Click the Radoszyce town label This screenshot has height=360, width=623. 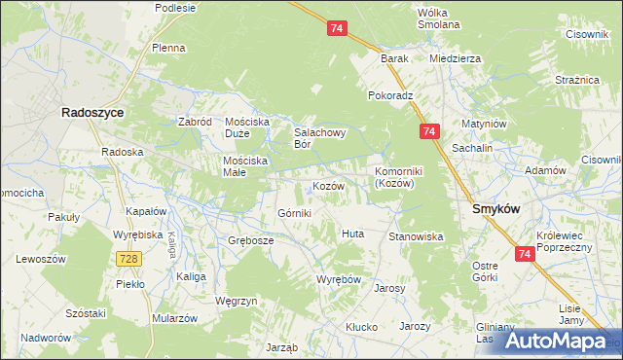tap(92, 113)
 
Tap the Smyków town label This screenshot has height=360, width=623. tap(495, 208)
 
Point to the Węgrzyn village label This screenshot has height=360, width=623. tap(236, 301)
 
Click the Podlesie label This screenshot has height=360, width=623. tap(174, 8)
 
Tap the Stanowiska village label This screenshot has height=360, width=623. tap(416, 236)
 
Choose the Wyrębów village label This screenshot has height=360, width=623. tap(339, 279)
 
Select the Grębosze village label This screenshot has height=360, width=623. tap(251, 240)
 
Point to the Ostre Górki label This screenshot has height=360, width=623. tap(485, 272)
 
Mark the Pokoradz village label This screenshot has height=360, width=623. tap(391, 96)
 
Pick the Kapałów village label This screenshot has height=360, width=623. tap(147, 211)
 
